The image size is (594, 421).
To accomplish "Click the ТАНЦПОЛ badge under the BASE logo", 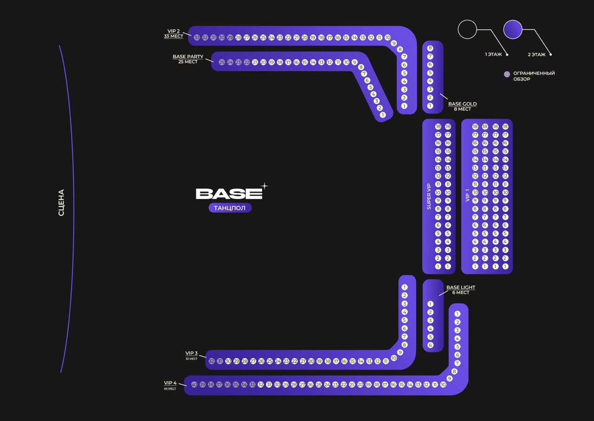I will pyautogui.click(x=230, y=208).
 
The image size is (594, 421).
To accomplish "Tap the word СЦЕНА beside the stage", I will pyautogui.click(x=61, y=203).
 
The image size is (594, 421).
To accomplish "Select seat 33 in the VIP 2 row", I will pyautogui.click(x=197, y=38).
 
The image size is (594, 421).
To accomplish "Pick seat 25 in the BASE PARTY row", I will pyautogui.click(x=222, y=62).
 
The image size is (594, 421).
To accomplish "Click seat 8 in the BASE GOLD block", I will pyautogui.click(x=430, y=48).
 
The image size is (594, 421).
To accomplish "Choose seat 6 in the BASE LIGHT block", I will pyautogui.click(x=430, y=345).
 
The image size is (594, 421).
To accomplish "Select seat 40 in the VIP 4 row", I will pyautogui.click(x=194, y=385).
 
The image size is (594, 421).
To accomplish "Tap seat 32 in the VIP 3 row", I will pyautogui.click(x=212, y=361).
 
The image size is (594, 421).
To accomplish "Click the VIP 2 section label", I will pyautogui.click(x=174, y=31).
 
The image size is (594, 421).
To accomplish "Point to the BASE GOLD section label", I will pyautogui.click(x=462, y=104).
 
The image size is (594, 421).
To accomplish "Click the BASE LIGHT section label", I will pyautogui.click(x=460, y=287).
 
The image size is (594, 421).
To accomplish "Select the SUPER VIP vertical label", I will pyautogui.click(x=429, y=196).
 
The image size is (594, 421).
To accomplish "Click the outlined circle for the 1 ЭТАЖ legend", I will pyautogui.click(x=467, y=29).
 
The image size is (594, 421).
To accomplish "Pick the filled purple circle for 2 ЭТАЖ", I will pyautogui.click(x=513, y=29).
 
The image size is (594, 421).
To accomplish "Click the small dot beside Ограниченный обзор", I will pyautogui.click(x=507, y=74).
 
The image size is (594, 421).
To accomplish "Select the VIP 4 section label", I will pyautogui.click(x=170, y=383).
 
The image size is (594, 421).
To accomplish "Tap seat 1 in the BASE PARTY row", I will pyautogui.click(x=382, y=115).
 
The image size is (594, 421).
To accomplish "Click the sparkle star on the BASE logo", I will pyautogui.click(x=264, y=186).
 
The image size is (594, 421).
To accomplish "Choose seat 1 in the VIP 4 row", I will pyautogui.click(x=457, y=314).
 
